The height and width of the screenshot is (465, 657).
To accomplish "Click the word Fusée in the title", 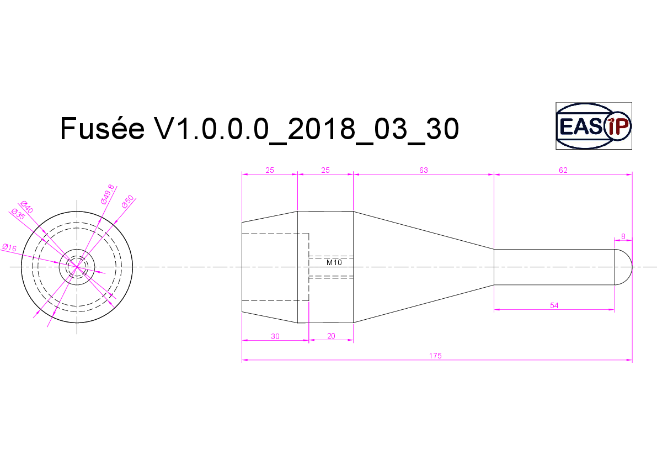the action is tap(102, 128).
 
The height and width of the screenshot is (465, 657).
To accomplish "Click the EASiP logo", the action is tap(594, 126).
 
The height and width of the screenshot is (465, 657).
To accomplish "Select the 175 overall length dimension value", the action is tap(435, 356).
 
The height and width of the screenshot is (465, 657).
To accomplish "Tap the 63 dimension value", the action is tap(424, 170).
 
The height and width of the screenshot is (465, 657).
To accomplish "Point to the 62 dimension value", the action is tap(563, 170).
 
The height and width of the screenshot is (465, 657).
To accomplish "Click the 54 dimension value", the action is tap(554, 305).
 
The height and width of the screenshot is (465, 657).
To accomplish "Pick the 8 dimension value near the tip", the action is tap(623, 236).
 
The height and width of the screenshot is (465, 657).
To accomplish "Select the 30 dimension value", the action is tap(275, 336).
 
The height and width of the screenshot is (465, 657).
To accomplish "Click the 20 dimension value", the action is tap(331, 336).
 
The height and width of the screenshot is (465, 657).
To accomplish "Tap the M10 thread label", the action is tap(334, 262).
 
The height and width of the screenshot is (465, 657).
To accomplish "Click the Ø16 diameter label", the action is tap(9, 247).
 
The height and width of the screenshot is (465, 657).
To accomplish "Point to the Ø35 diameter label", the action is tap(18, 214).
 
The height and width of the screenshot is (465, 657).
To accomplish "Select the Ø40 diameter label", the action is tap(27, 207).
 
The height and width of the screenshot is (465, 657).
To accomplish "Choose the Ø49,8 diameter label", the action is tap(108, 194).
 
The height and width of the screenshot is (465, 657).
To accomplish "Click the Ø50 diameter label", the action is tap(127, 201).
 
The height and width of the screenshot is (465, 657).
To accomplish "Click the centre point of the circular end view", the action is tap(77, 267).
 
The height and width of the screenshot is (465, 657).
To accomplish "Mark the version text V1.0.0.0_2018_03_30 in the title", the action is tap(306, 128).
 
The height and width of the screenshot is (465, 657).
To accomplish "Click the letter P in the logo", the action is tap(622, 126).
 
